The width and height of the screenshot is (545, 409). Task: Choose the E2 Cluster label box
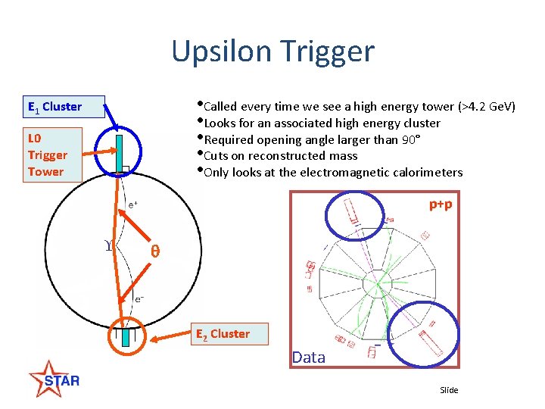tap(223, 333)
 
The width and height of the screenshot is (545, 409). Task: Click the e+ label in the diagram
tap(132, 204)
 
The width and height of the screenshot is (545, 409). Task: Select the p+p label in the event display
tap(441, 204)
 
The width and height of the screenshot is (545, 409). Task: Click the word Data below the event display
tap(308, 357)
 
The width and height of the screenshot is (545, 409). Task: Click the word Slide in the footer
tap(449, 390)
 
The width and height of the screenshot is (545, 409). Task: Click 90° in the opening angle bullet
tap(408, 139)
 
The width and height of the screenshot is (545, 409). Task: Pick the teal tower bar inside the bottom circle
tap(126, 334)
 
